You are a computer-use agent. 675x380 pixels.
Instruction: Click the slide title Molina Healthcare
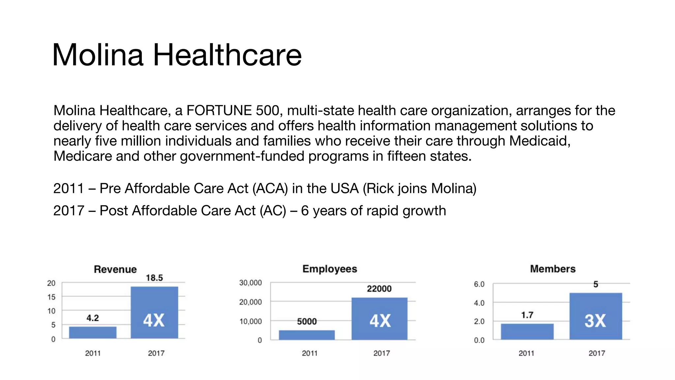tap(177, 55)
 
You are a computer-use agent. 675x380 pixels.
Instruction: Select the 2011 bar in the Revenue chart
tap(93, 332)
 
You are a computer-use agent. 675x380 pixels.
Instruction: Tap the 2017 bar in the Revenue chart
tap(154, 312)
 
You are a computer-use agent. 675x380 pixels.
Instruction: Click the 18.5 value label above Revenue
tap(154, 278)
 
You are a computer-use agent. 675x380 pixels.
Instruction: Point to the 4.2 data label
tap(93, 318)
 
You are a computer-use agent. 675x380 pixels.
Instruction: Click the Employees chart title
tap(330, 269)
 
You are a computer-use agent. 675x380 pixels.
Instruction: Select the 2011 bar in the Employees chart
tap(307, 335)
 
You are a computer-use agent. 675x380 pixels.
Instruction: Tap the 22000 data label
tap(379, 289)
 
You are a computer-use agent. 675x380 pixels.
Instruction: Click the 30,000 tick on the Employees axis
tap(250, 283)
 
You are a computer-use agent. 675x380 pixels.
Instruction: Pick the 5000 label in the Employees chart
tap(307, 322)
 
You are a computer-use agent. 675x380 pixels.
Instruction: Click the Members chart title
tap(553, 269)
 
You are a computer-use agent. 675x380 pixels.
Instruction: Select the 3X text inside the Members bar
tap(595, 321)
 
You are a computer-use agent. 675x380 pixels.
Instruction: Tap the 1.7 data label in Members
tap(527, 315)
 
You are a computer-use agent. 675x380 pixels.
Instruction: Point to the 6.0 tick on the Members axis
tap(479, 284)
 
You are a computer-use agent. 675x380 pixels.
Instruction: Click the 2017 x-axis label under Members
tap(597, 353)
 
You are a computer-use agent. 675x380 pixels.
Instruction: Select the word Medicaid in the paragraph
tap(540, 141)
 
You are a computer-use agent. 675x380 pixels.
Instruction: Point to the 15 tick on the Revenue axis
tap(51, 297)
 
